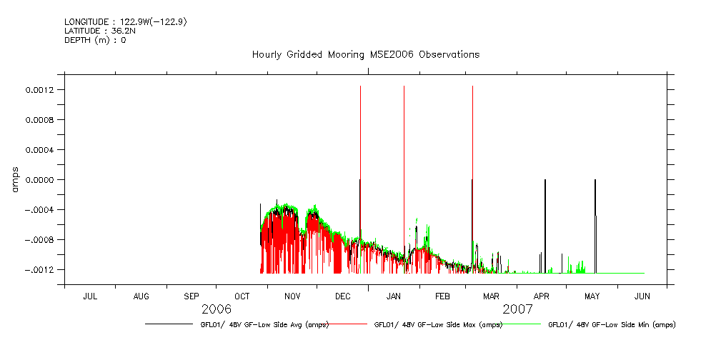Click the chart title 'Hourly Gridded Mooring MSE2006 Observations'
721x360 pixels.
pos(365,54)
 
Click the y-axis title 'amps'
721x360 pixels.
pos(15,179)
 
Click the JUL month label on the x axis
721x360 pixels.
pos(90,296)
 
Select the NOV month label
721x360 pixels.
pos(292,296)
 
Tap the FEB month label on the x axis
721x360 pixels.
pos(442,296)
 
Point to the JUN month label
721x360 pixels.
pos(642,296)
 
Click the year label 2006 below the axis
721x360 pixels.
pos(217,309)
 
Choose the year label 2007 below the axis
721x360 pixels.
pos(517,309)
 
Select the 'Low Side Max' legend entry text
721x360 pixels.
pos(438,324)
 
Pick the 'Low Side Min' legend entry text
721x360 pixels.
pos(612,324)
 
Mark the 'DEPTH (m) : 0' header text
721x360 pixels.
pos(95,40)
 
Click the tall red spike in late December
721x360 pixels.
pos(360,143)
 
